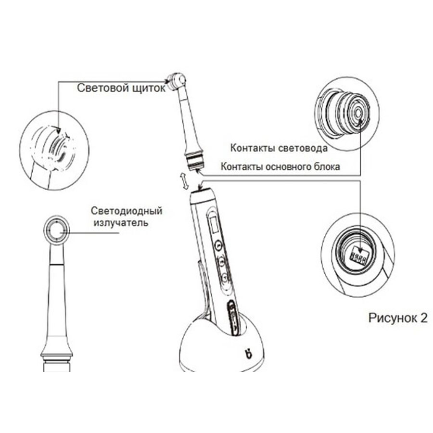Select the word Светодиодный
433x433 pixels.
coord(127,211)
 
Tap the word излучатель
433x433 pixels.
coord(121,223)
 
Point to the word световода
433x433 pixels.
coord(303,149)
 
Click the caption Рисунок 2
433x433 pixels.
coord(398,318)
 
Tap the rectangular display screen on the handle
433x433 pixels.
coord(213,224)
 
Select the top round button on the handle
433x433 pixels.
coord(219,245)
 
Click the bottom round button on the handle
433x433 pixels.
coord(225,277)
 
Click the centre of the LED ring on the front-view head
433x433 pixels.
coord(56,230)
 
